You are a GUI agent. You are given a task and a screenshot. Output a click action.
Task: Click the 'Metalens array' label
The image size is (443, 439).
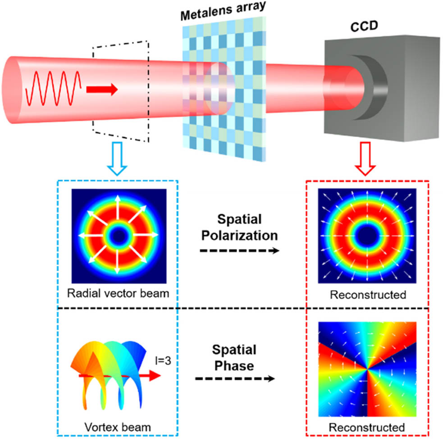(223, 11)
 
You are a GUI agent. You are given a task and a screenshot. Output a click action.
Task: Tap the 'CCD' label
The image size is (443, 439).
(364, 26)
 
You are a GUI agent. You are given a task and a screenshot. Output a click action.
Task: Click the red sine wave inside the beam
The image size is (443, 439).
(53, 88)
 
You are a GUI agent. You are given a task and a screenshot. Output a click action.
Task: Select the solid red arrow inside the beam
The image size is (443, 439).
(102, 90)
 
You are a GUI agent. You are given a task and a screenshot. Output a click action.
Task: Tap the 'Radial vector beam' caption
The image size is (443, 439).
(118, 294)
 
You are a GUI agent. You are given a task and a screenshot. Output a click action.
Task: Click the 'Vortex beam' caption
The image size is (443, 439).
(118, 427)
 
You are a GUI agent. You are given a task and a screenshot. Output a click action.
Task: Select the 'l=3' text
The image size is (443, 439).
(163, 361)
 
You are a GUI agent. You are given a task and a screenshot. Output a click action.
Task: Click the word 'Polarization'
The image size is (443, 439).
(240, 235)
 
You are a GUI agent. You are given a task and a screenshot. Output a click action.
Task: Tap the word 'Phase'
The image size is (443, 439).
(234, 366)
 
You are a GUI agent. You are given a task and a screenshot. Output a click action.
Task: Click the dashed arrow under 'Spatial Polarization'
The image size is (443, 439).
(240, 251)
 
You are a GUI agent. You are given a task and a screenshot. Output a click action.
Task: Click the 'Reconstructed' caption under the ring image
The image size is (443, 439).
(368, 295)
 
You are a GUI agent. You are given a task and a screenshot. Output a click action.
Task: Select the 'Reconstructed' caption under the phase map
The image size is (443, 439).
(367, 427)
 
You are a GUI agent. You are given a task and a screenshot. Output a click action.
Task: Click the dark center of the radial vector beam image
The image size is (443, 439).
(119, 236)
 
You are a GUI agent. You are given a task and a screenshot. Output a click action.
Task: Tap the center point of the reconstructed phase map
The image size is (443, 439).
(367, 368)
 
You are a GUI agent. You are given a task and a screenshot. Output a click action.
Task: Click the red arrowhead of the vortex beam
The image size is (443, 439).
(155, 376)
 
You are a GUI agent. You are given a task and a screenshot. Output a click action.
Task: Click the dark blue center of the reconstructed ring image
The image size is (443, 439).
(367, 236)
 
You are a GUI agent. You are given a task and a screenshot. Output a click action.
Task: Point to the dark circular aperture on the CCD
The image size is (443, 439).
(370, 87)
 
